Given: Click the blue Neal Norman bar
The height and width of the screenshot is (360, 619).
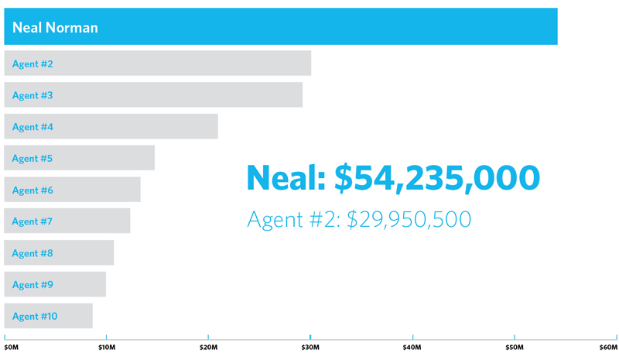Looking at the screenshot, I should (309, 26).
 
